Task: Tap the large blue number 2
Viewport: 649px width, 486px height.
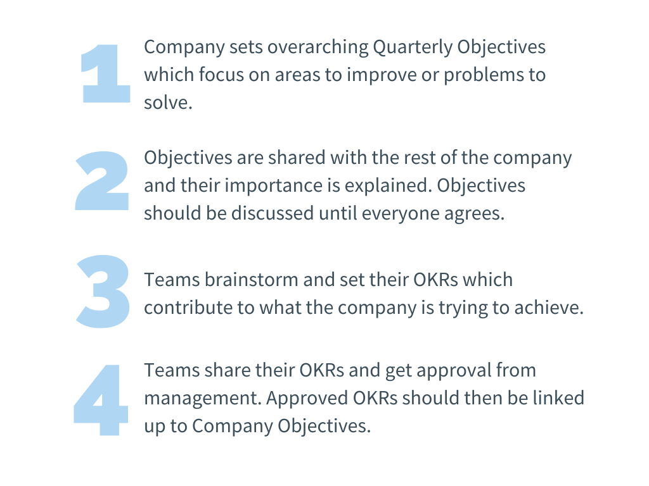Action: pyautogui.click(x=102, y=181)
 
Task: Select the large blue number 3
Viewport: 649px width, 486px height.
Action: pyautogui.click(x=103, y=291)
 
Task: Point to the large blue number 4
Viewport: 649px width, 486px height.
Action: pyautogui.click(x=101, y=400)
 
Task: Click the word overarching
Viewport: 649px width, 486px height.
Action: pyautogui.click(x=318, y=47)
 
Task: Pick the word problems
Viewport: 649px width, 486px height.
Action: pyautogui.click(x=482, y=75)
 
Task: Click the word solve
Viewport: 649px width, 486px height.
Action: pyautogui.click(x=168, y=103)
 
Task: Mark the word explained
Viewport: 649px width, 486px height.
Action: pyautogui.click(x=389, y=186)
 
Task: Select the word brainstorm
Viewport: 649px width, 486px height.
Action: pyautogui.click(x=252, y=280)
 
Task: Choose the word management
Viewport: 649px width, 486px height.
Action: pyautogui.click(x=203, y=399)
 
